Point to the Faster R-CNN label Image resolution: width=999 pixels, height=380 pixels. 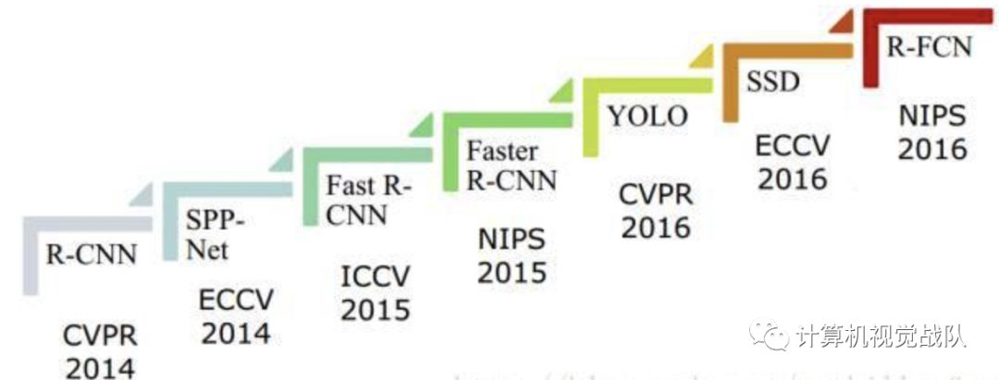coord(511,164)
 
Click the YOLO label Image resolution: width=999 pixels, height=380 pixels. coord(647,116)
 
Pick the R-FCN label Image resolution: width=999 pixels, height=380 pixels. coord(930,46)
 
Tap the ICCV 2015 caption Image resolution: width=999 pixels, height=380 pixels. coord(375,292)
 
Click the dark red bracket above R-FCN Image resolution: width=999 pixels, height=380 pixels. coord(925,17)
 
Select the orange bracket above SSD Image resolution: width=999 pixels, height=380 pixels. coord(786,52)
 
